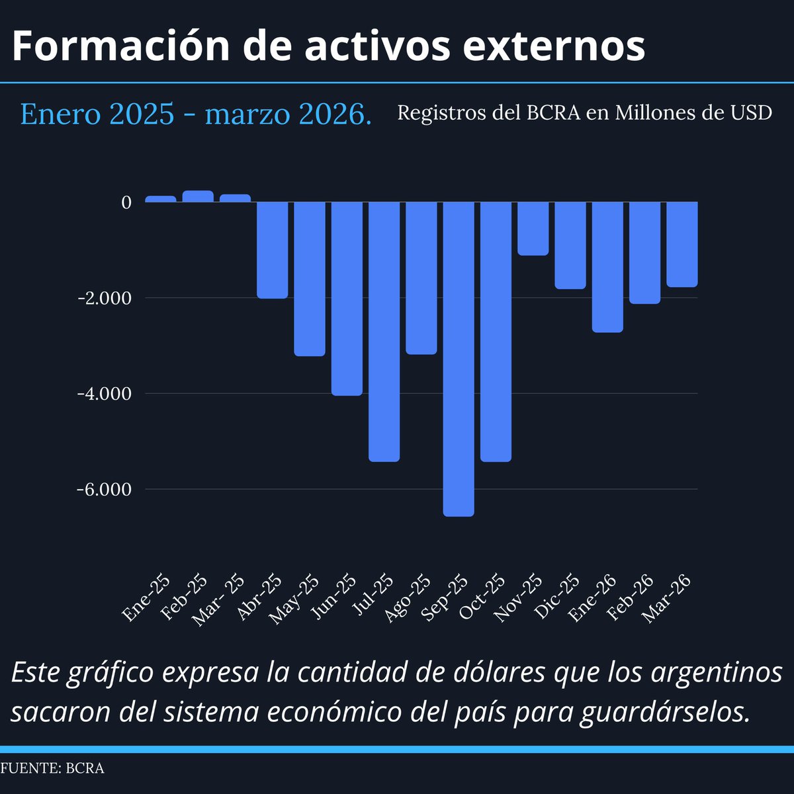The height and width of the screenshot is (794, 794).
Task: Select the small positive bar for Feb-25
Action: [198, 196]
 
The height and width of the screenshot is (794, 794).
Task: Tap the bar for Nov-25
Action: [533, 228]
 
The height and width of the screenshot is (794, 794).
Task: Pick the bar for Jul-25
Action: [384, 331]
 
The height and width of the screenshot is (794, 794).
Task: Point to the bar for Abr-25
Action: [273, 250]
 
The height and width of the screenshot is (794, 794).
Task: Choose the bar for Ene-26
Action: [607, 267]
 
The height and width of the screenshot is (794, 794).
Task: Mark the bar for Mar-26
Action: [682, 244]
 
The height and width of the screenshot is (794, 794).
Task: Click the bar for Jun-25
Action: [347, 298]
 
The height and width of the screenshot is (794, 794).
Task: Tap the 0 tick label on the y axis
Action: [126, 202]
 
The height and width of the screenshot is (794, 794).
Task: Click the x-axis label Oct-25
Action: [483, 597]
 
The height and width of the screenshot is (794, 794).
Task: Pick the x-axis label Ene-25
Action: [147, 597]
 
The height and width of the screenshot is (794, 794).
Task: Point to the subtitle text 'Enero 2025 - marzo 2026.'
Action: [196, 114]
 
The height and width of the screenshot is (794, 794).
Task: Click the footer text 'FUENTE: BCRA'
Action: [52, 768]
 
